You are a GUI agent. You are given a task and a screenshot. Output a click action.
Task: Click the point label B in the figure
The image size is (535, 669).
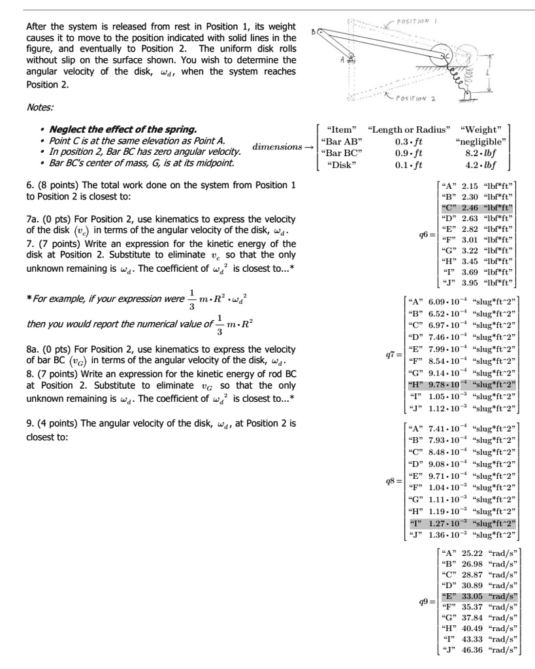click(312, 29)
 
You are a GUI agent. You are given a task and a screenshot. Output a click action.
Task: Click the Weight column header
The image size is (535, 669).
click(481, 129)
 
